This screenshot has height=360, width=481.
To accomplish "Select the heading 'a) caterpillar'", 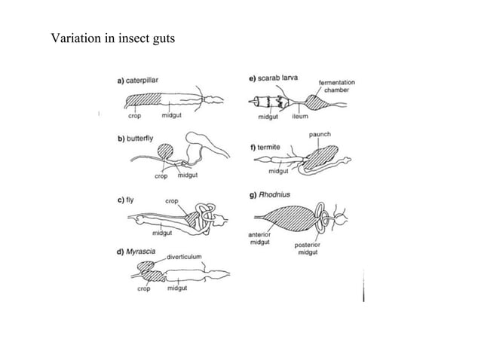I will (x=136, y=79).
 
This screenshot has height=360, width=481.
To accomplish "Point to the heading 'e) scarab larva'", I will (x=273, y=78).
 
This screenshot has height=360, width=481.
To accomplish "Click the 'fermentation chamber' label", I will (x=337, y=86).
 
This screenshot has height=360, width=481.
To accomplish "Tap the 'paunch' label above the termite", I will (x=320, y=134).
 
